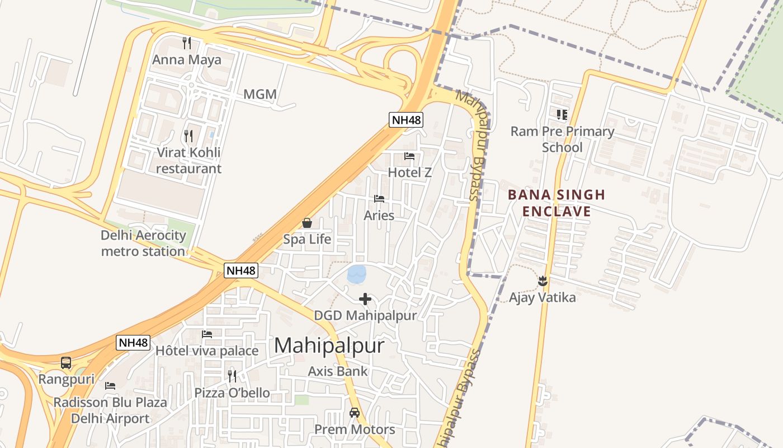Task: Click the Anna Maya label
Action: (187, 60)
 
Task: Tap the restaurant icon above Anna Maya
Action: (187, 43)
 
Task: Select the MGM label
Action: (260, 95)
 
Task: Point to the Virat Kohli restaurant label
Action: (188, 160)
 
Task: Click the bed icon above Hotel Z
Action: (409, 156)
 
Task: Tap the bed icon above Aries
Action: (379, 199)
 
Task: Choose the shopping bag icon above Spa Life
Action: (307, 223)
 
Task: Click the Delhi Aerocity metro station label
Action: (143, 243)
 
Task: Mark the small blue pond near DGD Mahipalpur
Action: (357, 274)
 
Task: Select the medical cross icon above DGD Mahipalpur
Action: (365, 299)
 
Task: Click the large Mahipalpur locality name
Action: (329, 346)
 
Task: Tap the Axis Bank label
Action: (338, 371)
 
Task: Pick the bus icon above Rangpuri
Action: (66, 363)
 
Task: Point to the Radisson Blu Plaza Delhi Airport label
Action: (110, 410)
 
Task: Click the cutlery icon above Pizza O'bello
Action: (232, 376)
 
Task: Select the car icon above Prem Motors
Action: (354, 413)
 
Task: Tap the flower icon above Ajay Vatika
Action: (542, 280)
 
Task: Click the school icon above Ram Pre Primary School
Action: (562, 115)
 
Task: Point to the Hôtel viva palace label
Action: (207, 351)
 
